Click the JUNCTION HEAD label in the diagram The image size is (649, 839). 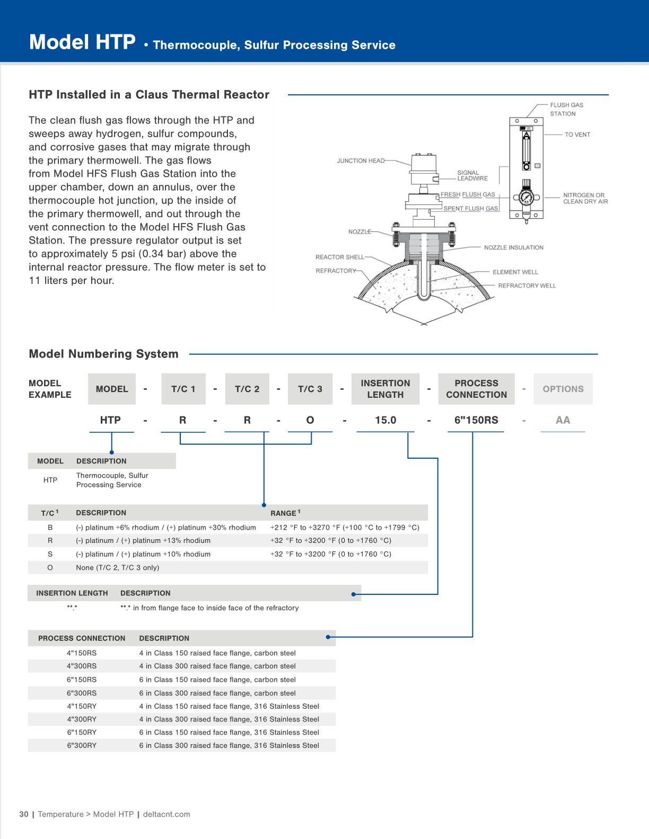pyautogui.click(x=361, y=160)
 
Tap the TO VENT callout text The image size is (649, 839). pyautogui.click(x=577, y=135)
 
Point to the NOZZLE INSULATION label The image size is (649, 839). pyautogui.click(x=513, y=247)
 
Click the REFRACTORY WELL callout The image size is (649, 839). pyautogui.click(x=527, y=285)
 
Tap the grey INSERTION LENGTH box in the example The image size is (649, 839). pyautogui.click(x=385, y=389)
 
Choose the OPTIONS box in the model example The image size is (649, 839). pyautogui.click(x=563, y=389)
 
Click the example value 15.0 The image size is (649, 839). pyautogui.click(x=385, y=420)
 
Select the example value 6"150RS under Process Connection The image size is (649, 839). pyautogui.click(x=476, y=420)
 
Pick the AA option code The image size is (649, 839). pyautogui.click(x=563, y=420)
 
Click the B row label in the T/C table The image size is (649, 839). pyautogui.click(x=50, y=528)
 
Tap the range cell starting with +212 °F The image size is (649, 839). pyautogui.click(x=345, y=528)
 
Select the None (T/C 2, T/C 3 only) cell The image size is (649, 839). pyautogui.click(x=117, y=567)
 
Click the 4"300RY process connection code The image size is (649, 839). pyautogui.click(x=82, y=719)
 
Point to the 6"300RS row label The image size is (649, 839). pyautogui.click(x=82, y=693)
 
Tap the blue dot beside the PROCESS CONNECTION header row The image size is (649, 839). pyautogui.click(x=328, y=637)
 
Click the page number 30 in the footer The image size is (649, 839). pyautogui.click(x=24, y=814)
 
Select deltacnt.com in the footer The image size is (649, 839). pyautogui.click(x=166, y=814)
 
